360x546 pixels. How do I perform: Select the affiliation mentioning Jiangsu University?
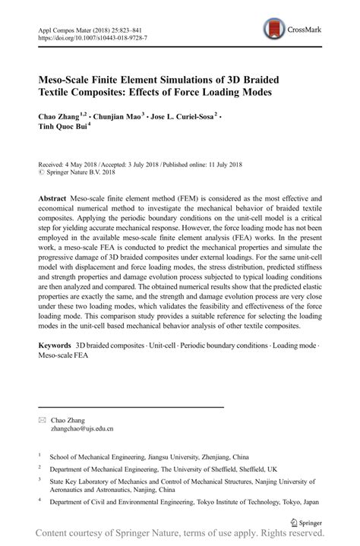(149, 458)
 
